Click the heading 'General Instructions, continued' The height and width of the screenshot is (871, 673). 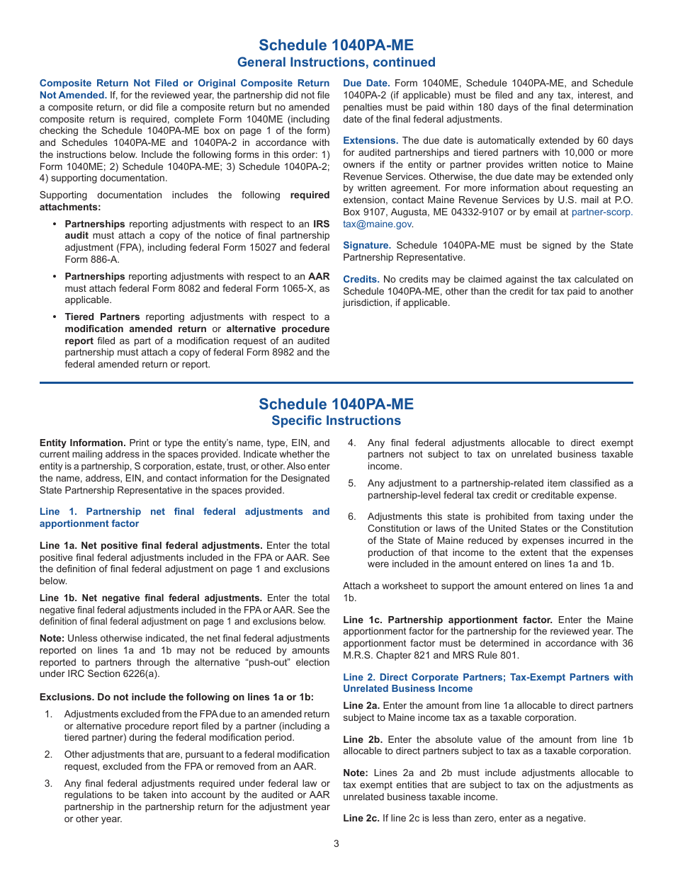click(336, 62)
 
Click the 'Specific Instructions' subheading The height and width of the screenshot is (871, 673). click(336, 421)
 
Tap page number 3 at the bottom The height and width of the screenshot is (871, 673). click(336, 843)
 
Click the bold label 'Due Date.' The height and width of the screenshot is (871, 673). click(366, 84)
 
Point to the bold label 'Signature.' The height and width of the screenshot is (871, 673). click(367, 246)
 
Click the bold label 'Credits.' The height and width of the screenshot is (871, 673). click(361, 280)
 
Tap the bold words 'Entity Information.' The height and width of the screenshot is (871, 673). click(83, 443)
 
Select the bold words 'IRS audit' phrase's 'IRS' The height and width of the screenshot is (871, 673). click(321, 224)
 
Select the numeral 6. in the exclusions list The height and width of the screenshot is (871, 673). click(351, 517)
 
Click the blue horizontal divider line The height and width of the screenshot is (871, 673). click(336, 383)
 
